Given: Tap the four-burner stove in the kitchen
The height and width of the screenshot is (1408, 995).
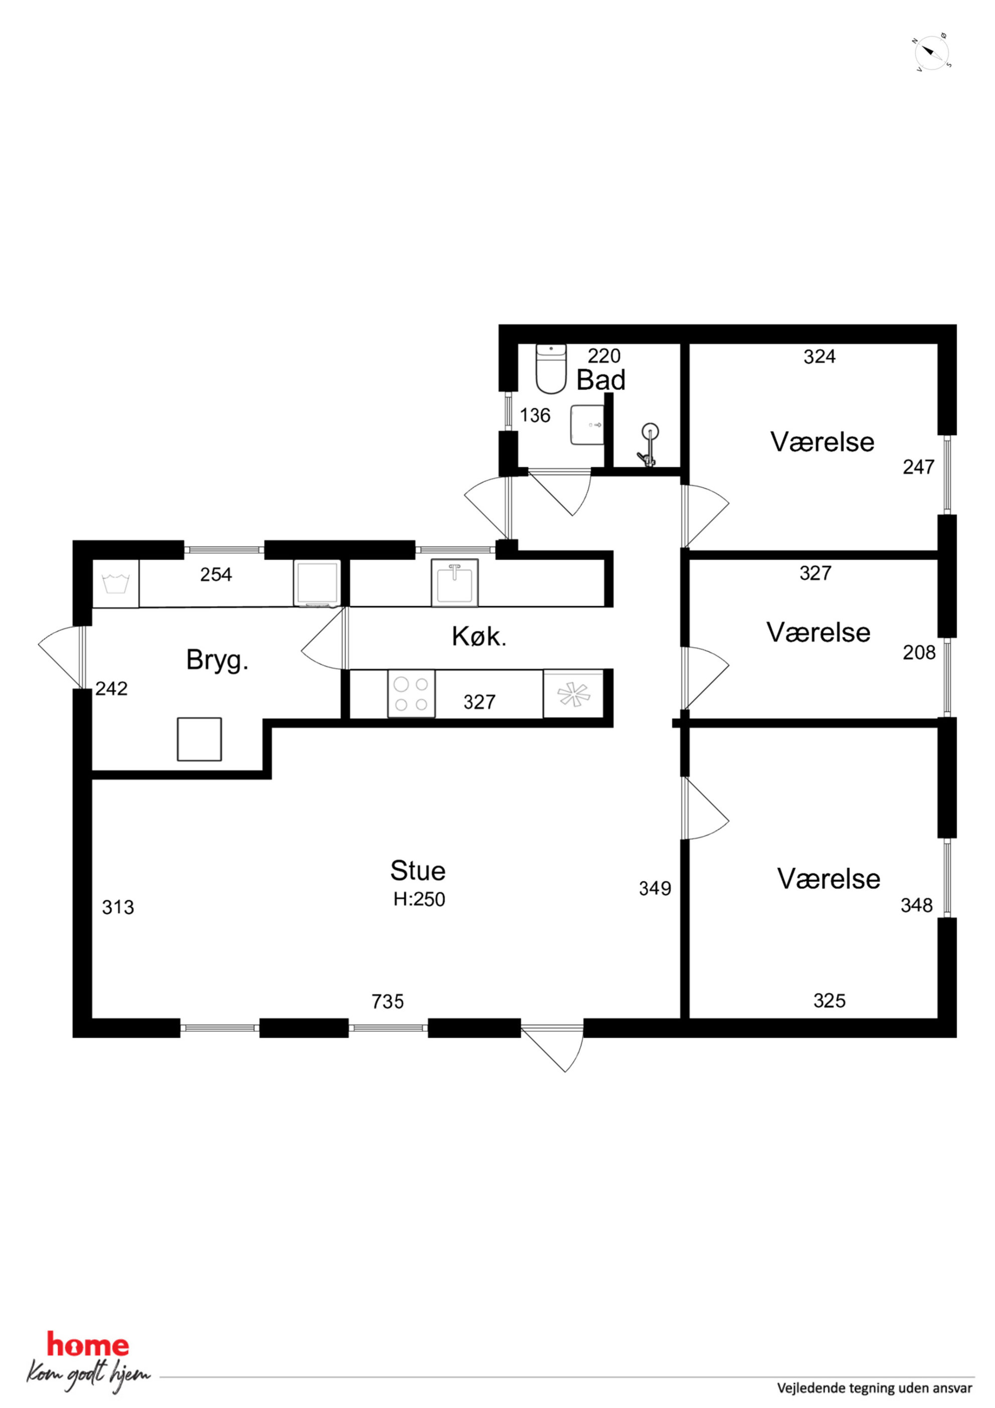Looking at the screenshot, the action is [411, 693].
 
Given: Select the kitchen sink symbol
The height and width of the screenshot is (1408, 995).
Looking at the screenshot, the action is [454, 583].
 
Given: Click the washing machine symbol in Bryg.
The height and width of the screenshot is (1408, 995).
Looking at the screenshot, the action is [115, 583].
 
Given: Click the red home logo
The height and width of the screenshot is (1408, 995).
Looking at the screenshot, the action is [88, 1345].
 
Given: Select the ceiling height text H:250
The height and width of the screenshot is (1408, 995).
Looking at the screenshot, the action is [419, 899].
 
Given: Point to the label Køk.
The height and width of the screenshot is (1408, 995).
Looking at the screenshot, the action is [479, 637].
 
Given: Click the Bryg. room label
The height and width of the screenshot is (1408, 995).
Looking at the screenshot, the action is [217, 661].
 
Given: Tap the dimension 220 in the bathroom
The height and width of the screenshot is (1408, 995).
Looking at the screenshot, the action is [604, 356].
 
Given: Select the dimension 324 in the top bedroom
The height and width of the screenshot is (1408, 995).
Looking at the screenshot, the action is [819, 356].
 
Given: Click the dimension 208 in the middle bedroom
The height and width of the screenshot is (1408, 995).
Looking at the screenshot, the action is [919, 652].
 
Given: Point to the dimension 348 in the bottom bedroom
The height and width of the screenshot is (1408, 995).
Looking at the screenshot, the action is [917, 905].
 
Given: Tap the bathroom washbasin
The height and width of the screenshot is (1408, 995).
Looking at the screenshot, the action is [587, 425].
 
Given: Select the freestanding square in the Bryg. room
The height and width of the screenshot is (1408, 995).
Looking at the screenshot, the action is [199, 739].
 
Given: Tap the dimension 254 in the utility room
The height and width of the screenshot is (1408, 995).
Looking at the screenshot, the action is [216, 575].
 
